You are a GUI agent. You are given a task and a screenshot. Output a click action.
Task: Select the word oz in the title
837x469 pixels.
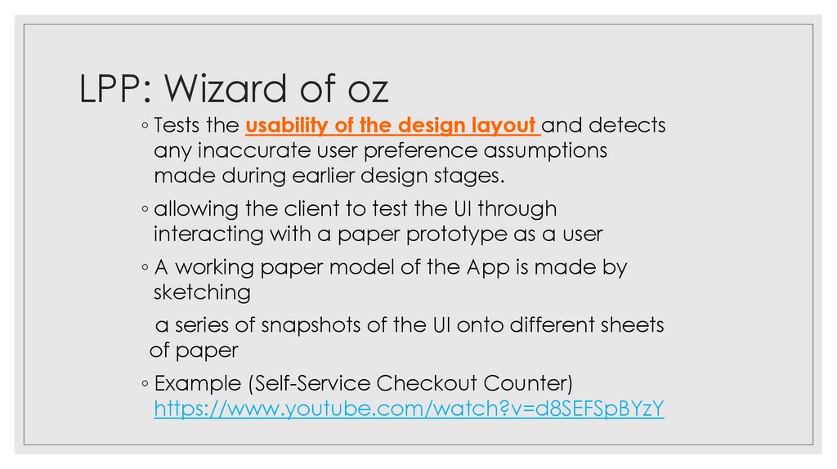[x=363, y=89]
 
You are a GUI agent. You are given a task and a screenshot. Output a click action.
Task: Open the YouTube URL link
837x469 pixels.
[x=409, y=409]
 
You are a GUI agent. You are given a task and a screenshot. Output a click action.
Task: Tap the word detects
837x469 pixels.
[x=627, y=126]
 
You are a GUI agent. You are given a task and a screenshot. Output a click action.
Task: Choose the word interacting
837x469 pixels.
[x=204, y=234]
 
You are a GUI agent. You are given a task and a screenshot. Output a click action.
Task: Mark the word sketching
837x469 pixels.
[x=202, y=293]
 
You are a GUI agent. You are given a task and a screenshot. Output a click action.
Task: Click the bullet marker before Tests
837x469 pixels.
[x=144, y=127]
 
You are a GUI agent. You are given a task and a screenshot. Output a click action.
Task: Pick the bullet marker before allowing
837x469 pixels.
[x=144, y=210]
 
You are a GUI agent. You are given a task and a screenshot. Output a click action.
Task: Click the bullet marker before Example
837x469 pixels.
[x=144, y=384]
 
